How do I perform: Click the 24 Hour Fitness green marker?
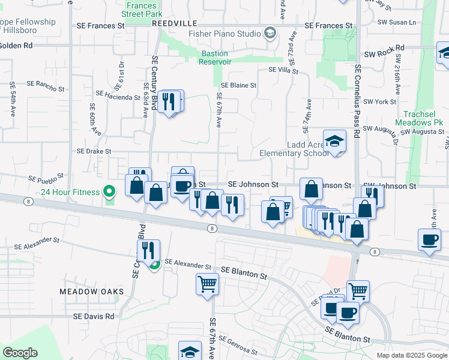point(109,192)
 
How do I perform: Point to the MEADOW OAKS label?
point(91,292)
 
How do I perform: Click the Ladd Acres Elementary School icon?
point(335,142)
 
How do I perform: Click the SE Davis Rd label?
point(94,316)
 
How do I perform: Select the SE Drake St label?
point(94,152)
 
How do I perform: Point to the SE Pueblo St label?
point(47,178)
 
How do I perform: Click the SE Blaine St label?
point(238,86)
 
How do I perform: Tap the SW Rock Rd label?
point(384,47)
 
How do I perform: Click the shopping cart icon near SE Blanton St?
point(207,284)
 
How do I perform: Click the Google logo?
point(20,352)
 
